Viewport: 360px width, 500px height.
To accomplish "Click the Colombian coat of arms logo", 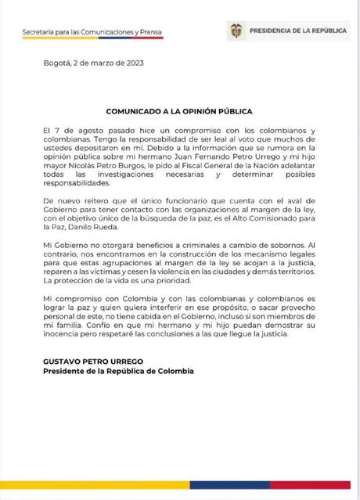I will click(234, 31).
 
